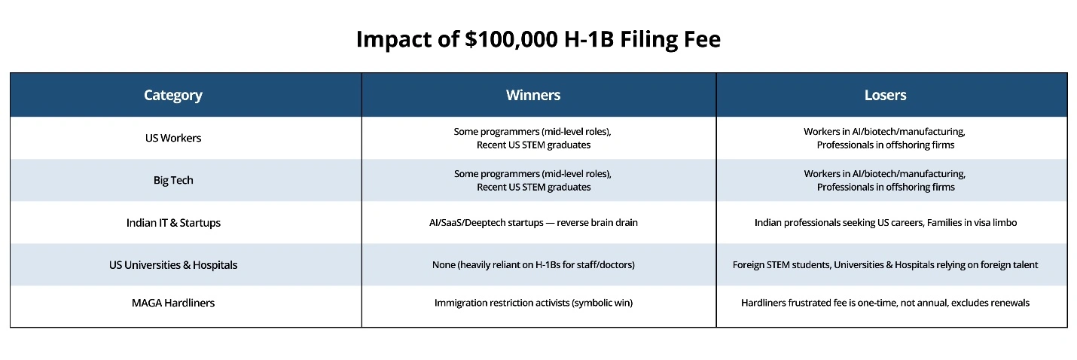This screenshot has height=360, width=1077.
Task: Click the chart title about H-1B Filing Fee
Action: point(538,39)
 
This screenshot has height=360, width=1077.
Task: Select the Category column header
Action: point(173,95)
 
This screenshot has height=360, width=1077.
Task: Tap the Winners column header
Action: point(532,95)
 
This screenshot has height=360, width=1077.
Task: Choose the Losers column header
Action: point(885,95)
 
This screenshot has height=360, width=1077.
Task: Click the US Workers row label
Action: point(173,138)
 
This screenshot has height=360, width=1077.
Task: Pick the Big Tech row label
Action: point(173,180)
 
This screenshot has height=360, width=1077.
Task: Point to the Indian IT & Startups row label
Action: point(173,223)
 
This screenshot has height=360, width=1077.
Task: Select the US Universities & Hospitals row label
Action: point(173,265)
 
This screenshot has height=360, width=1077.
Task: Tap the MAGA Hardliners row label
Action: point(173,303)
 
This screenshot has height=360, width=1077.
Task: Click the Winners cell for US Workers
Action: point(532,138)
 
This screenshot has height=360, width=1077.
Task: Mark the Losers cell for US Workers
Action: point(885,138)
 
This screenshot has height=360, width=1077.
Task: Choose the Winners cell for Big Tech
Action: point(532,180)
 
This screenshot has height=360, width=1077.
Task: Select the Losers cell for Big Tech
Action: point(885,180)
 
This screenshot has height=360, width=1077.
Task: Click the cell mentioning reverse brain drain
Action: point(532,223)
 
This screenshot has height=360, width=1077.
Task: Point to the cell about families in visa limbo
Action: point(885,223)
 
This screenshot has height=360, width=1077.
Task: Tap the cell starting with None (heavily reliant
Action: point(532,265)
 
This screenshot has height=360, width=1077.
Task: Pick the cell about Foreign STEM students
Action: point(885,265)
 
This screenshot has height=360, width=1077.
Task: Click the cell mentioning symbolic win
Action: point(532,303)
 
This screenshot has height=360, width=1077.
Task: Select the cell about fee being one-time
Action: point(885,303)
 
